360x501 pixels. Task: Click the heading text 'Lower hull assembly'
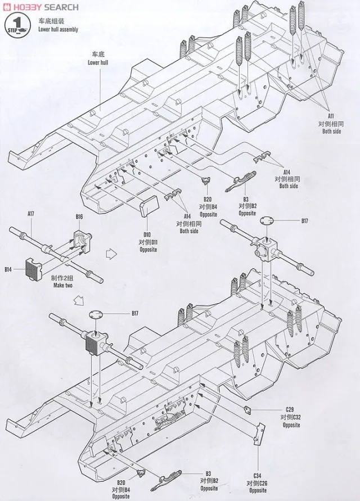tap(58, 29)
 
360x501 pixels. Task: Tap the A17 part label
tap(31, 214)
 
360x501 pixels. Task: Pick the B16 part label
tap(79, 217)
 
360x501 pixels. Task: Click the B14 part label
tap(8, 270)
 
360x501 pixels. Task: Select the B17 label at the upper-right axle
tap(304, 222)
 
